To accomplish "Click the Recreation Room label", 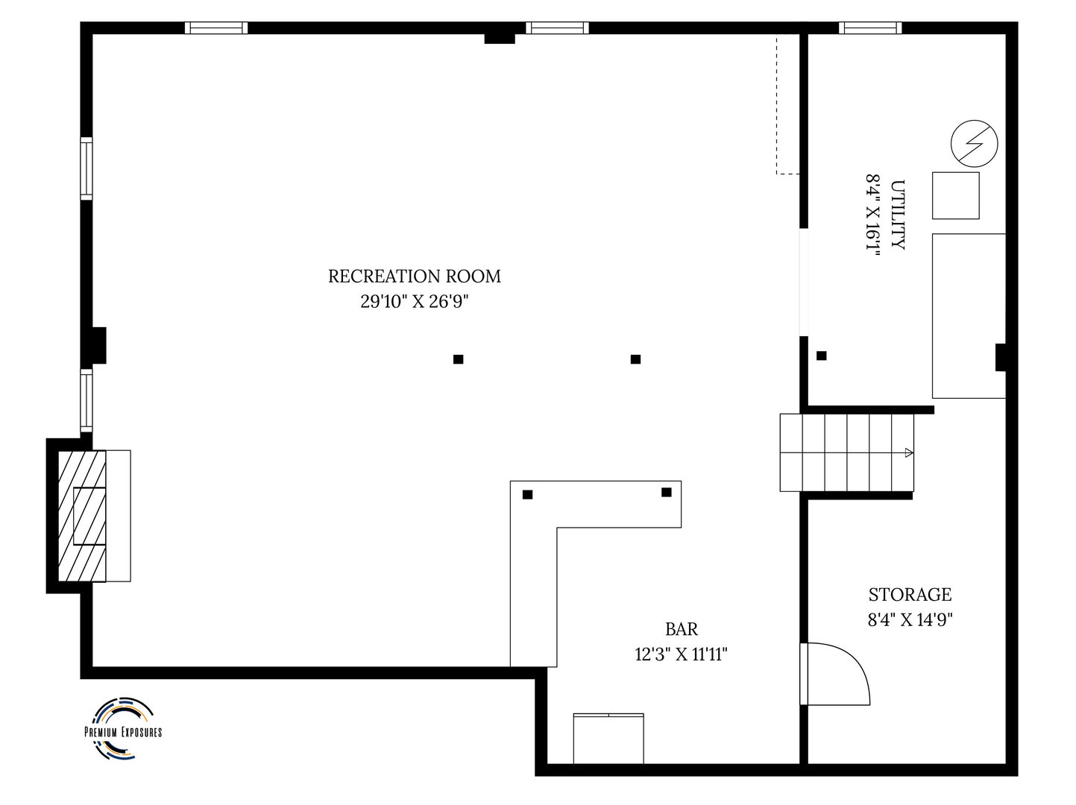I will [x=415, y=277].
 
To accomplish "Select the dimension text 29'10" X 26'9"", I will [x=415, y=302].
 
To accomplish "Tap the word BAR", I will [x=682, y=630].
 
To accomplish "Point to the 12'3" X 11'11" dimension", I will [x=681, y=655].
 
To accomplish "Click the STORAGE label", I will [x=910, y=595].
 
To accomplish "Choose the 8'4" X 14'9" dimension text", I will [x=910, y=619].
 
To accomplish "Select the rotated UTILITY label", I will [x=898, y=215].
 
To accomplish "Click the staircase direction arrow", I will [x=907, y=452].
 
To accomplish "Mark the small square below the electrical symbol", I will [x=955, y=195].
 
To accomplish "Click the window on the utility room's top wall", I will [x=869, y=28].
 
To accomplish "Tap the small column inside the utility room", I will [x=821, y=356].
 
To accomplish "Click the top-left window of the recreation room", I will [x=216, y=28].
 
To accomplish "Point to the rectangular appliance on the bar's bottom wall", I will [x=608, y=738].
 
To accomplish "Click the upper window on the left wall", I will [x=86, y=168].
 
